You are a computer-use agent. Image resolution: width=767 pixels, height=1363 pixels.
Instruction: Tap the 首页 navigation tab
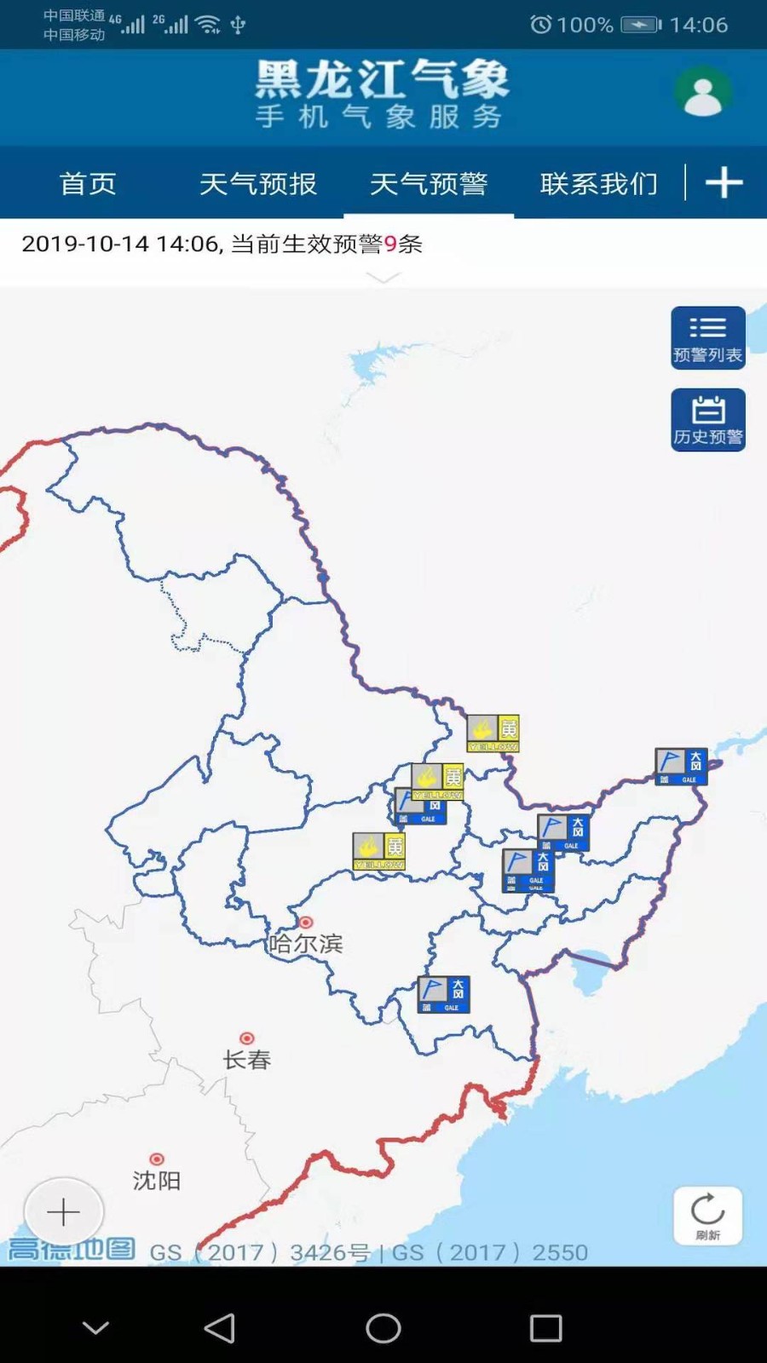pyautogui.click(x=88, y=184)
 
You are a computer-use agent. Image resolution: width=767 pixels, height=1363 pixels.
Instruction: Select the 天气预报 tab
pyautogui.click(x=257, y=184)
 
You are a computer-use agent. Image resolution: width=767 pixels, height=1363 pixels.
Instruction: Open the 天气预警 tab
pyautogui.click(x=428, y=184)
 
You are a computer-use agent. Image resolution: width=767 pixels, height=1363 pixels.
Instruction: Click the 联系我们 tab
pyautogui.click(x=598, y=184)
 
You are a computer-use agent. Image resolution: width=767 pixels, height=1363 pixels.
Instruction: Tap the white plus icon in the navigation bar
pyautogui.click(x=724, y=183)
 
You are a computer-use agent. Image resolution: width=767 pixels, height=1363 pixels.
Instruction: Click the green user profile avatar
pyautogui.click(x=703, y=93)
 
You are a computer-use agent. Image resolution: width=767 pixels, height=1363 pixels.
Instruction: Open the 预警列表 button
pyautogui.click(x=707, y=338)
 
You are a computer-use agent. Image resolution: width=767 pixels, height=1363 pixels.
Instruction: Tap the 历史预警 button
pyautogui.click(x=707, y=420)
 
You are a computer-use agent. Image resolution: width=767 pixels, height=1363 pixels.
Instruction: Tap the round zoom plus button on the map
pyautogui.click(x=63, y=1211)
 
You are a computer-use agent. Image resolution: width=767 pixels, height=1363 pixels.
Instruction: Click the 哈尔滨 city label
pyautogui.click(x=305, y=944)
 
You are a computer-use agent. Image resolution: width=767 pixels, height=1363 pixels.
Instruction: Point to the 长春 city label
pyautogui.click(x=246, y=1060)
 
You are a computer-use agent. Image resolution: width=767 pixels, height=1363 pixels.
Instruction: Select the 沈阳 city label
pyautogui.click(x=157, y=1180)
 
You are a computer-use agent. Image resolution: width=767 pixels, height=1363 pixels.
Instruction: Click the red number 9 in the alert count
pyautogui.click(x=390, y=244)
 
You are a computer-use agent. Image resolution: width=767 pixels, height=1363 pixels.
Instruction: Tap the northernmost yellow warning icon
pyautogui.click(x=493, y=733)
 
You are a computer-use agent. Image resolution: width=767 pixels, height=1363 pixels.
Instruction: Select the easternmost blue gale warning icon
pyautogui.click(x=681, y=767)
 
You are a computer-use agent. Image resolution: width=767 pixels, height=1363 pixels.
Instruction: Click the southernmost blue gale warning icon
pyautogui.click(x=443, y=994)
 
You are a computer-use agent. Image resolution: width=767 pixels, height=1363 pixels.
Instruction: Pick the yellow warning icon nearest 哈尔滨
pyautogui.click(x=379, y=851)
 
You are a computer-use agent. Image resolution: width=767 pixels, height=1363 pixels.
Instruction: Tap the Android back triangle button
pyautogui.click(x=220, y=1327)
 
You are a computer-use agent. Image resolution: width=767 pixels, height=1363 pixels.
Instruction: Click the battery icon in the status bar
pyautogui.click(x=641, y=25)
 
